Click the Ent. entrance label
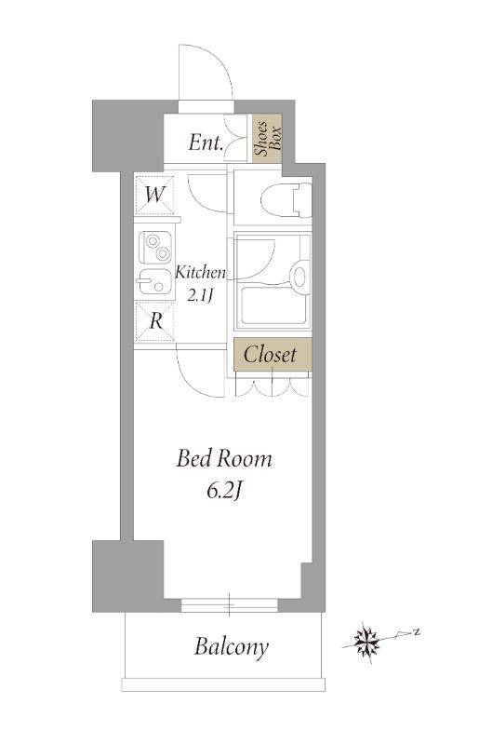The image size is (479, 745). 206,142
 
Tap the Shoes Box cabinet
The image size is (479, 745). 267,138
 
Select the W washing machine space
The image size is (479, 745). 154,195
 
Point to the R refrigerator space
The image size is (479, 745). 155,321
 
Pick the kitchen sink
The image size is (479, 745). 153,284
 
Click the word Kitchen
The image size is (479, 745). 200,273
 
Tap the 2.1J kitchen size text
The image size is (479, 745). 199,296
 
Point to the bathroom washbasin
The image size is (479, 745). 299,276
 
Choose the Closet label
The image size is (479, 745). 270,355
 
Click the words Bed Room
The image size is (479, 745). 224,459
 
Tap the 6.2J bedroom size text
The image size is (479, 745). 225,493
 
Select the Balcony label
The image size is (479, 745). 232,647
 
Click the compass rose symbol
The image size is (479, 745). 367,643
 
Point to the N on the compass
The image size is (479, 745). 416,632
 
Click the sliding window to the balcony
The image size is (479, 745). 230,604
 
